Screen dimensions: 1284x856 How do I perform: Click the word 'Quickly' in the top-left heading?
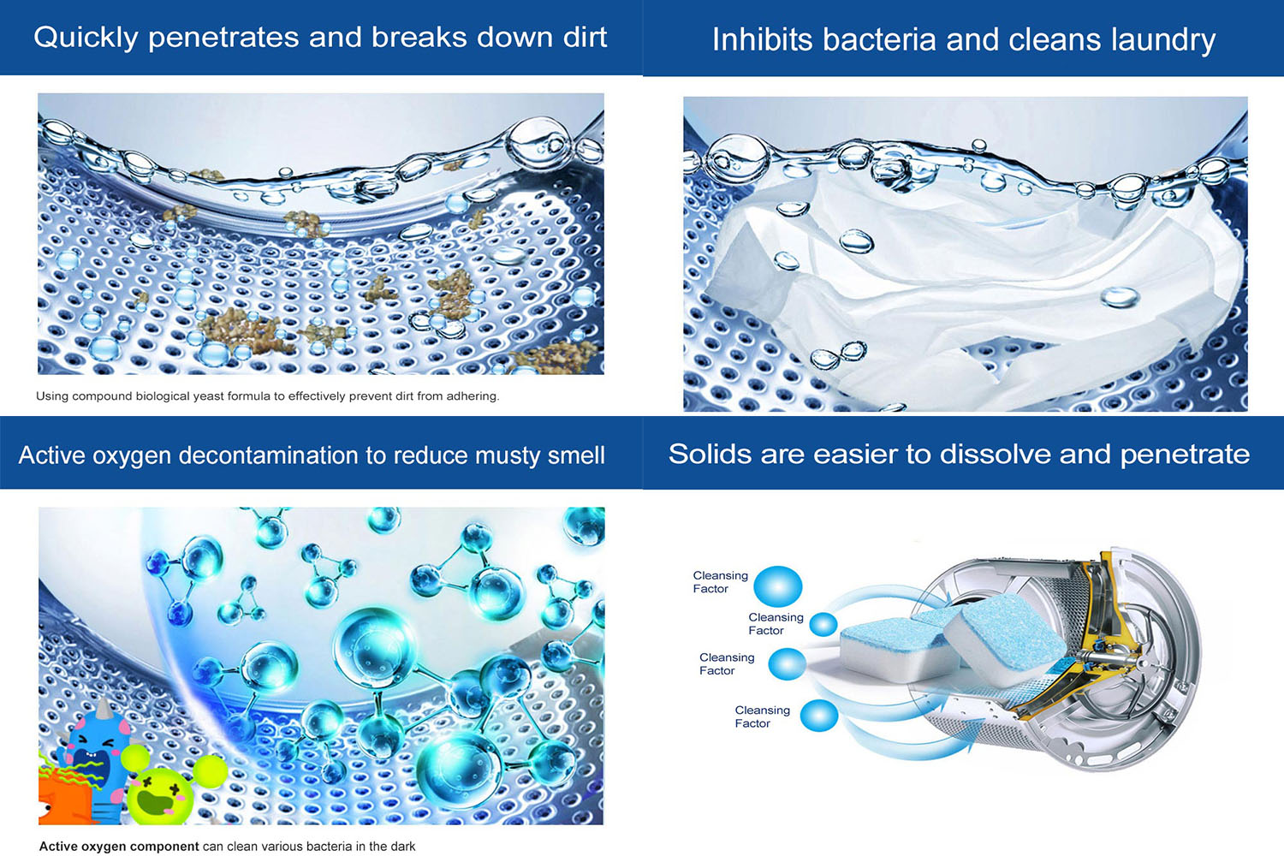pyautogui.click(x=86, y=38)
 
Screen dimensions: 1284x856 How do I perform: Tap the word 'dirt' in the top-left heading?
pyautogui.click(x=585, y=37)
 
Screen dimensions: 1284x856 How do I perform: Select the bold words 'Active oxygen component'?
pyautogui.click(x=119, y=847)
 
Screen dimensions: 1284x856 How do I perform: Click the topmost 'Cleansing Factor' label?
pyautogui.click(x=721, y=582)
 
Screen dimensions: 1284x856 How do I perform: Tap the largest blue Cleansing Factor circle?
pyautogui.click(x=777, y=586)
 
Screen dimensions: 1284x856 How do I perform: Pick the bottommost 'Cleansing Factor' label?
pyautogui.click(x=763, y=716)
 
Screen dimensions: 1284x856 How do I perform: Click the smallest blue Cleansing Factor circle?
pyautogui.click(x=823, y=624)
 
